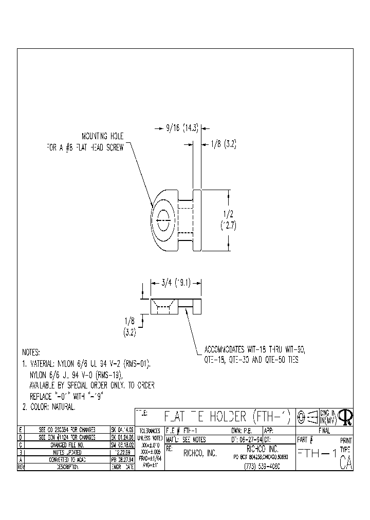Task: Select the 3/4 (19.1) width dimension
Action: [x=176, y=282]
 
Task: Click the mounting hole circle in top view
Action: [x=163, y=221]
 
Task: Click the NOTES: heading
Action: [x=31, y=353]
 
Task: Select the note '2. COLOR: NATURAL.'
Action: [x=49, y=406]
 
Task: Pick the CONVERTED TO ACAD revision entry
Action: [x=67, y=460]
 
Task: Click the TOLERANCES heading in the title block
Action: [x=150, y=430]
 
